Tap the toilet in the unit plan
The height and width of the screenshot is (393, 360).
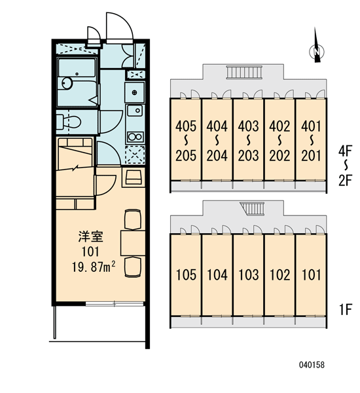(x=68, y=122)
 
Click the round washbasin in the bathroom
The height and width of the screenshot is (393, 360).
(x=67, y=83)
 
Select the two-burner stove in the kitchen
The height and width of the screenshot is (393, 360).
(x=135, y=137)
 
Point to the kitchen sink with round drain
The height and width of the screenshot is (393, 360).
(x=135, y=110)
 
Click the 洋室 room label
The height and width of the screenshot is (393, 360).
(x=91, y=236)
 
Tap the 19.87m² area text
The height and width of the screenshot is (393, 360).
(x=94, y=267)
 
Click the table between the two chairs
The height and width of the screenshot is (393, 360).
(x=133, y=243)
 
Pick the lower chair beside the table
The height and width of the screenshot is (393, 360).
(x=133, y=267)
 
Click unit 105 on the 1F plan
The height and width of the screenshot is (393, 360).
(x=186, y=275)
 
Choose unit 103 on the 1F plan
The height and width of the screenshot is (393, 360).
(x=249, y=275)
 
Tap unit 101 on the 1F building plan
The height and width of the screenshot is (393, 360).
(x=311, y=275)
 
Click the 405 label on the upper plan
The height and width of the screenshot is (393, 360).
(x=186, y=126)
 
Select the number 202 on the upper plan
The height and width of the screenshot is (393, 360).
(x=279, y=156)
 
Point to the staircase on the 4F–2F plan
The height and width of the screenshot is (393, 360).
(x=244, y=72)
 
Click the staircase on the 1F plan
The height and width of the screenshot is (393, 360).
(x=252, y=208)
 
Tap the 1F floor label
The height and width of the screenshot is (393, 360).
(x=346, y=309)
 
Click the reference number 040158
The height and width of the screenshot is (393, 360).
(x=312, y=365)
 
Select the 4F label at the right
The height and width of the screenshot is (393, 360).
(x=346, y=151)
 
